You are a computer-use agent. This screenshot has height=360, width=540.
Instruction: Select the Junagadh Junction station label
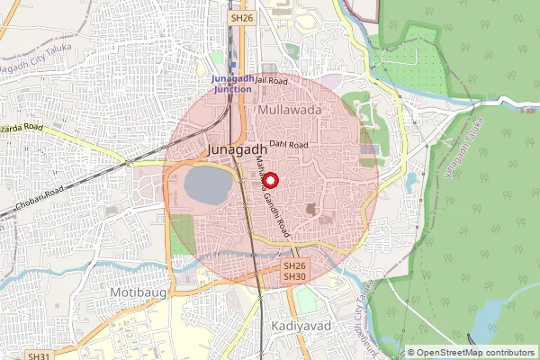(232, 84)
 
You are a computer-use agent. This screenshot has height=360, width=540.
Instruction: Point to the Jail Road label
(271, 80)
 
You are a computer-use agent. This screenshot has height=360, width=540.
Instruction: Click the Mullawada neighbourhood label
(290, 109)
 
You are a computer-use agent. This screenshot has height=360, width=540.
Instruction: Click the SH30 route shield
(295, 276)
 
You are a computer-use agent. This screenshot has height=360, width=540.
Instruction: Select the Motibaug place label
(132, 293)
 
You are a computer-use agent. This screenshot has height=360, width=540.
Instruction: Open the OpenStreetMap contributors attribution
(470, 353)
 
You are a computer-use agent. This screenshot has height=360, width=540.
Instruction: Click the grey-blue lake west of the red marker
(208, 184)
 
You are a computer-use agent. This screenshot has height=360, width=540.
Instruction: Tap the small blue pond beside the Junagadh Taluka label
(411, 181)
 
